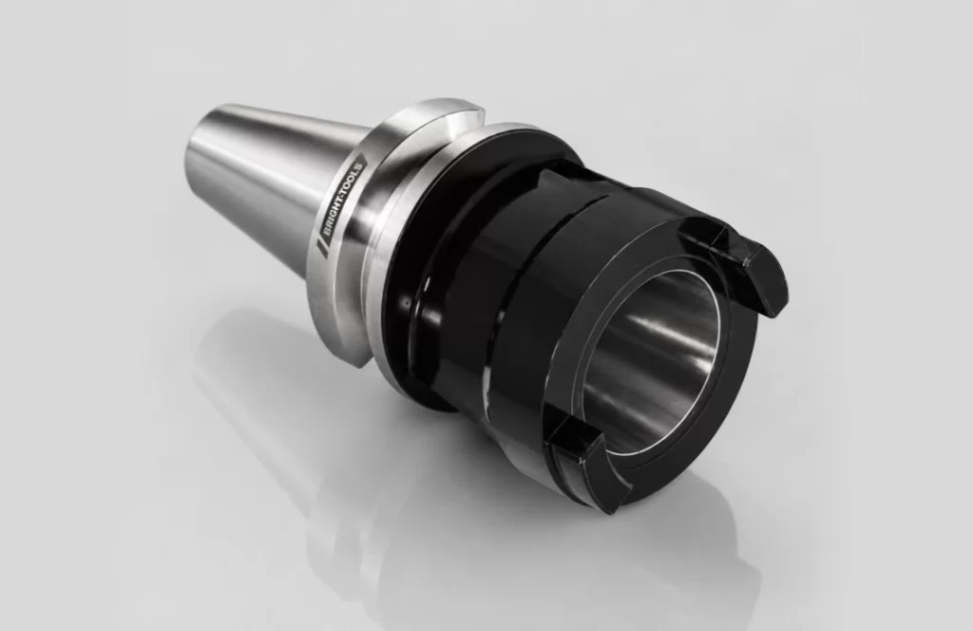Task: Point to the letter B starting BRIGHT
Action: pyautogui.click(x=328, y=232)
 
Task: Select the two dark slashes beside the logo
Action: pyautogui.click(x=322, y=248)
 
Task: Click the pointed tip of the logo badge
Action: pyautogui.click(x=367, y=158)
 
